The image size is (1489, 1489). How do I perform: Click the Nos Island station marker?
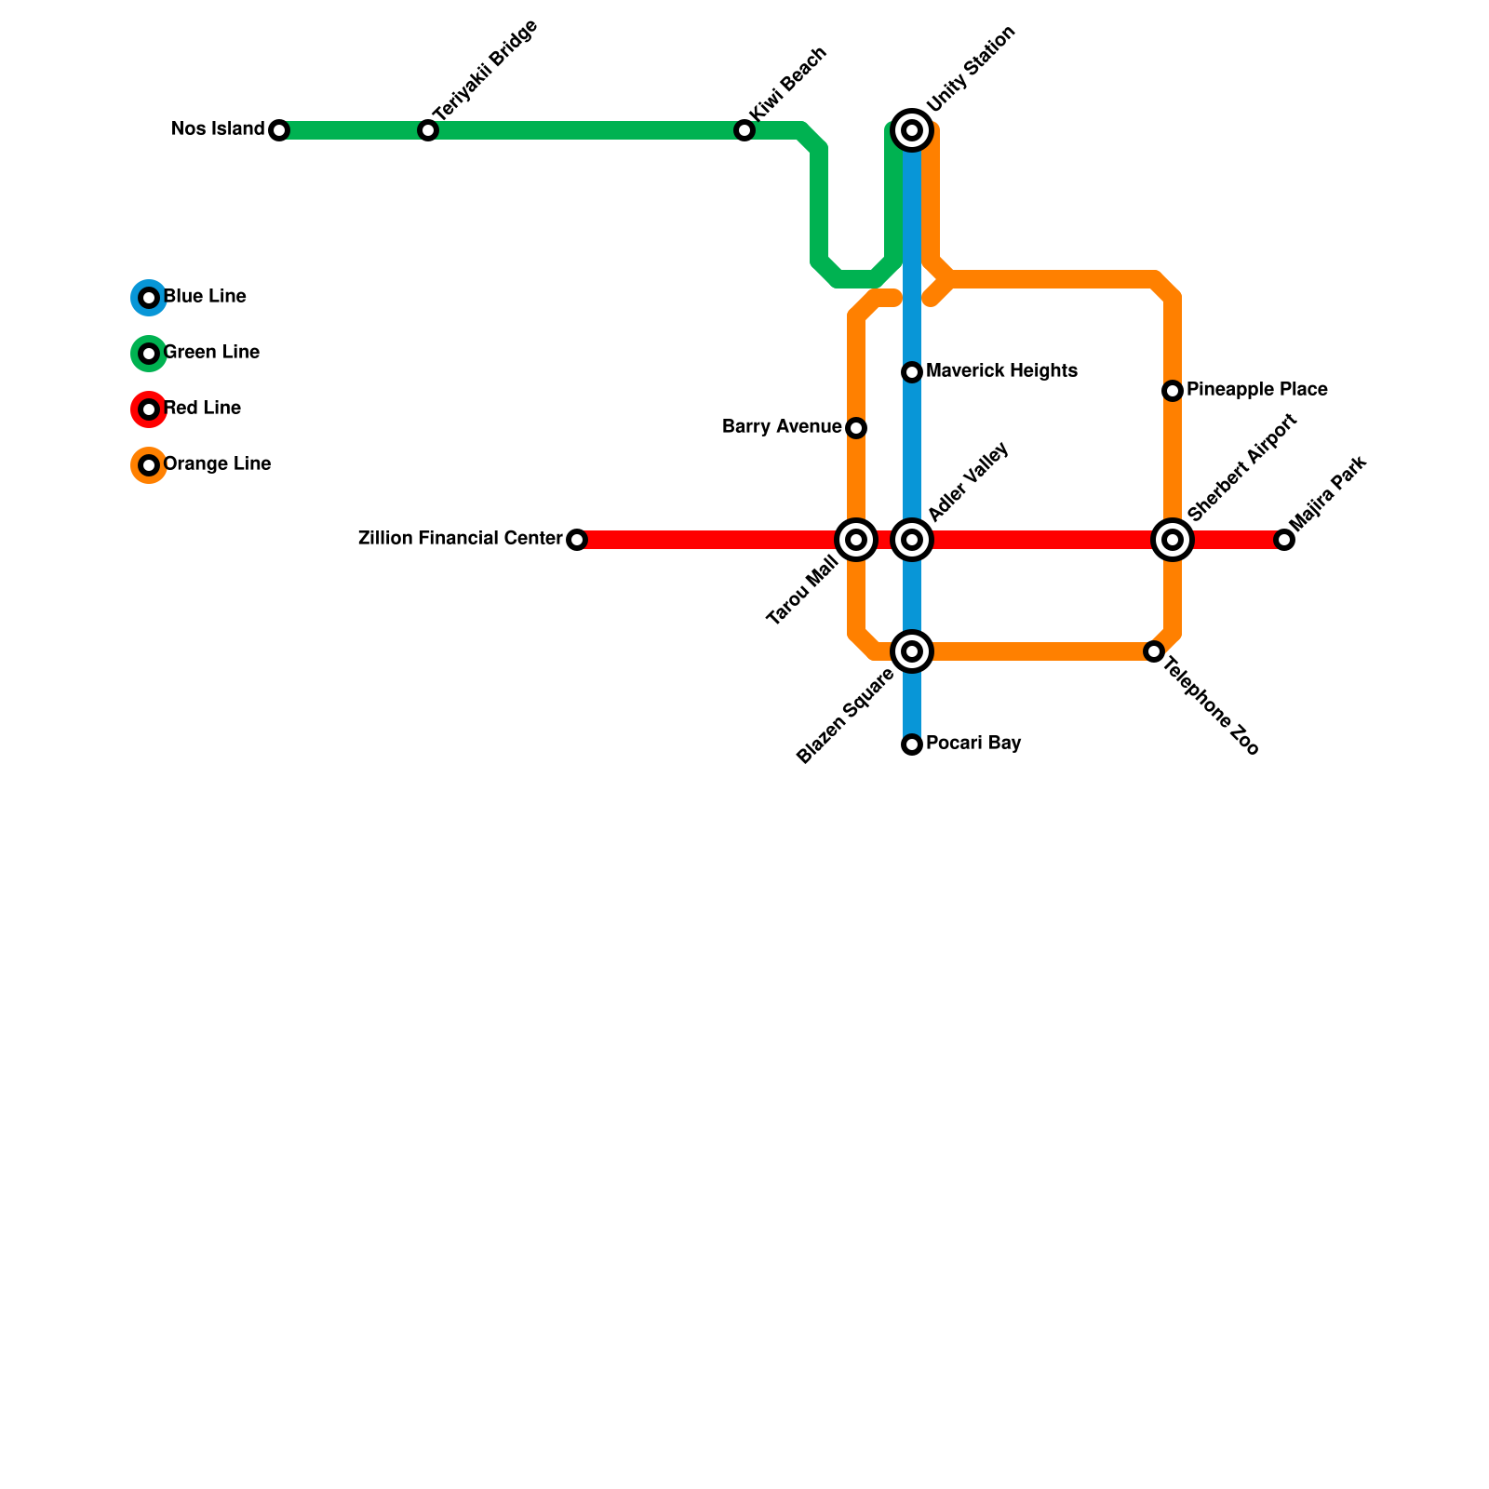(279, 130)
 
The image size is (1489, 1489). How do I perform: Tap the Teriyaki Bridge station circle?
(428, 130)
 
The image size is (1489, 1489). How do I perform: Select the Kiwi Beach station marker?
(744, 130)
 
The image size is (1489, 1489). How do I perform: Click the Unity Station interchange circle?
(912, 130)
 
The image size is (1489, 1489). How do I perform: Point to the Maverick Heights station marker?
(912, 372)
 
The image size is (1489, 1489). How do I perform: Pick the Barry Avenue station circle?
(856, 428)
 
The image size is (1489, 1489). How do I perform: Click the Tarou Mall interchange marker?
(856, 540)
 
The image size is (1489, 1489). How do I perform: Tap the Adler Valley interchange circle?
(912, 540)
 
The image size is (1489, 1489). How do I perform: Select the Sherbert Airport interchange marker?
(1173, 540)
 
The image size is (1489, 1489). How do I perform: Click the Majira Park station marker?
(1284, 540)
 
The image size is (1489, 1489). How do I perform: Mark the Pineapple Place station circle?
(1173, 391)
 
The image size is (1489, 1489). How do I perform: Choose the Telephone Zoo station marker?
(1154, 651)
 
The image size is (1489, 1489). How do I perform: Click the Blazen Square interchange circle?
(912, 651)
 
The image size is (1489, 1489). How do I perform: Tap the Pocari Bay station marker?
(912, 744)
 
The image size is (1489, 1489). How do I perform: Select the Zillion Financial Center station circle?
(577, 540)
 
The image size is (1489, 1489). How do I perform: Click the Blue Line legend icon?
(149, 298)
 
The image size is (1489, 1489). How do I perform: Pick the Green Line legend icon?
(149, 354)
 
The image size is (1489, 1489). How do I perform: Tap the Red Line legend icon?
(149, 409)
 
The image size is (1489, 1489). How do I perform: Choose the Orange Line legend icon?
(149, 465)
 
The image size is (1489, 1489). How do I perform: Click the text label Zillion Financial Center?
(460, 539)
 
